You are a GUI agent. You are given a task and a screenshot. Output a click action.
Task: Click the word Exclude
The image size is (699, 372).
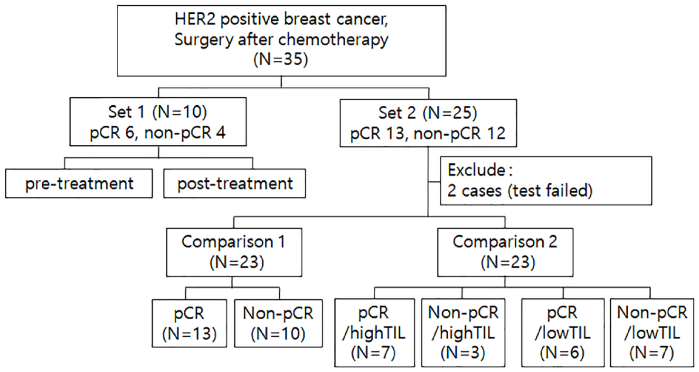pyautogui.click(x=476, y=170)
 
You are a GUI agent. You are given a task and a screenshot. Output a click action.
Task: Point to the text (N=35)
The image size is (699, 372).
pyautogui.click(x=281, y=59)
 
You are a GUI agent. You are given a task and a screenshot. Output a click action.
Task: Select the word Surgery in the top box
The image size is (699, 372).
pyautogui.click(x=204, y=40)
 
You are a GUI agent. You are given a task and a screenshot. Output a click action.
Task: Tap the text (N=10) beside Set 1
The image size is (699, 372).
pyautogui.click(x=180, y=112)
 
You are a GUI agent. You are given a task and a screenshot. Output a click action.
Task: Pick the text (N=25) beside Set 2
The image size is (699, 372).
pyautogui.click(x=450, y=113)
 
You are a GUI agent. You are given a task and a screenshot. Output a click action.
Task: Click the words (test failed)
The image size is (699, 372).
pyautogui.click(x=550, y=191)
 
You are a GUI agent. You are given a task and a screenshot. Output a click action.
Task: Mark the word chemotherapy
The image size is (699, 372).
pyautogui.click(x=333, y=40)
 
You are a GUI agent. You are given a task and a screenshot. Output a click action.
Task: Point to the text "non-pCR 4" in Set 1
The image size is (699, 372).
pyautogui.click(x=185, y=133)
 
